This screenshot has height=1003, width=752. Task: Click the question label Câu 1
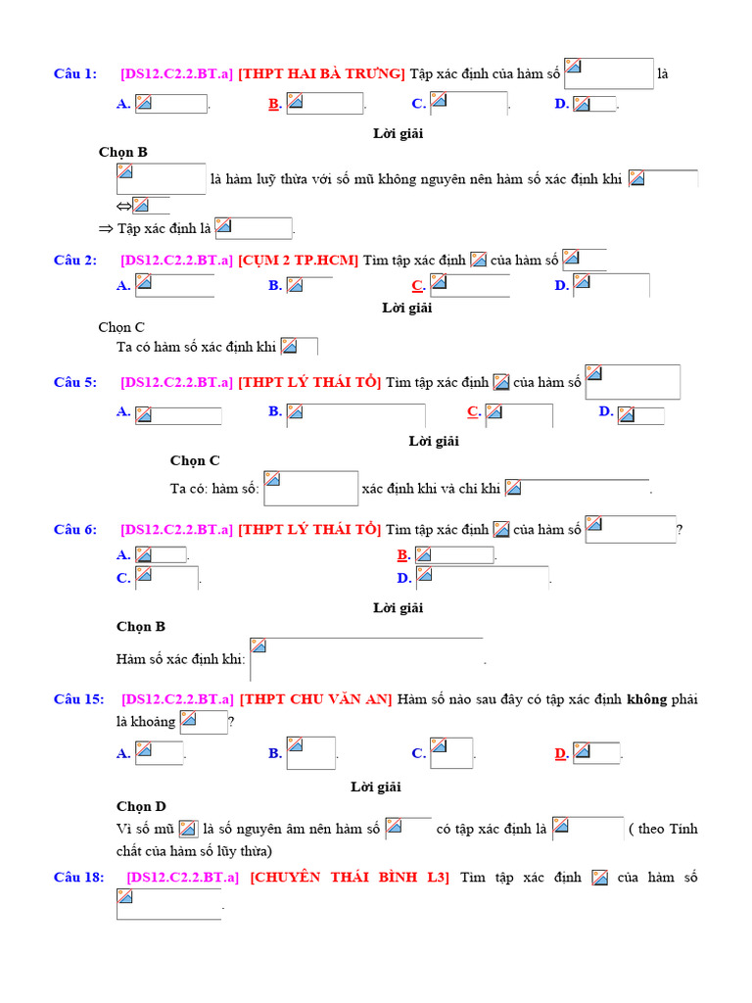pos(75,73)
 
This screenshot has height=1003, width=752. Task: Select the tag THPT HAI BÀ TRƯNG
pos(322,73)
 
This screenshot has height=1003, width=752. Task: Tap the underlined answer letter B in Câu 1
pos(274,104)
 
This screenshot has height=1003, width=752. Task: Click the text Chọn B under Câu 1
pos(122,152)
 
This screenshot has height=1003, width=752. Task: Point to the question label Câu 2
pos(75,260)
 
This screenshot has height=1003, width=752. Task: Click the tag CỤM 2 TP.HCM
pos(299,260)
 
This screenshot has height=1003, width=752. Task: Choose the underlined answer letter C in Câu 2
pos(417,286)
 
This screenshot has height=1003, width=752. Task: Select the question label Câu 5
pos(75,382)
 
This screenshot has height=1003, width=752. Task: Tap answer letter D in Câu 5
pos(606,411)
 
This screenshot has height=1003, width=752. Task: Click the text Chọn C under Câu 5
pos(195,460)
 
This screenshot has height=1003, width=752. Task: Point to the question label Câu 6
pos(75,529)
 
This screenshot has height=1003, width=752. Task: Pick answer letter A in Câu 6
pos(123,554)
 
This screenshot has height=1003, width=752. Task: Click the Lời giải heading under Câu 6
pos(399,607)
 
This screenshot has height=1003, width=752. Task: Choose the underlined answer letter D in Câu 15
pos(561,753)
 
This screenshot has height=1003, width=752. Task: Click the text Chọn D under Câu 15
pos(141,806)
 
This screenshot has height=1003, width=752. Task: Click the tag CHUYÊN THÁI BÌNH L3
pos(350,877)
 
